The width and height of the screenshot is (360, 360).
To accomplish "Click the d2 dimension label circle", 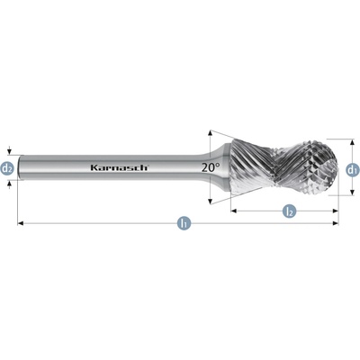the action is (7, 168).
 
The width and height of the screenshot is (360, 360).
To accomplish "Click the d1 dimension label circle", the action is (352, 170).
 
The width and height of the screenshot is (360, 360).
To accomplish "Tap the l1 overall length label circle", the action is (184, 223).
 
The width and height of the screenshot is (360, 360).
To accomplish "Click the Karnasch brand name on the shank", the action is (119, 167).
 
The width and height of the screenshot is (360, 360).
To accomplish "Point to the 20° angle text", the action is (211, 167).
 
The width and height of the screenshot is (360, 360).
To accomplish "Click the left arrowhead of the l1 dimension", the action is (21, 223).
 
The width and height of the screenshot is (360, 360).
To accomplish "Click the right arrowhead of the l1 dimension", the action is (336, 223).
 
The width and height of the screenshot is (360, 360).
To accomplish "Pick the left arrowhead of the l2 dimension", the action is (234, 211).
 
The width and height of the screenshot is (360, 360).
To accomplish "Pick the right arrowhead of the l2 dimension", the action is (336, 211).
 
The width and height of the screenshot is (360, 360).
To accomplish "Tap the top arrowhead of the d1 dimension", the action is (352, 142).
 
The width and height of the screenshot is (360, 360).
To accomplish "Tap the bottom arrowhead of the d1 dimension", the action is (352, 193).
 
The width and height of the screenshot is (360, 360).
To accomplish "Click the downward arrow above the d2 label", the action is (10, 151).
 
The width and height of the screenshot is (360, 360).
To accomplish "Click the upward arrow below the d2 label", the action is (10, 184).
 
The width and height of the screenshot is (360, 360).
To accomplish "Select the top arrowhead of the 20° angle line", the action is (211, 133).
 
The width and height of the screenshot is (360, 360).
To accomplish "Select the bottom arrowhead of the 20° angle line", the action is (211, 202).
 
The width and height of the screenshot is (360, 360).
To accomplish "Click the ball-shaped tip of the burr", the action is (319, 167).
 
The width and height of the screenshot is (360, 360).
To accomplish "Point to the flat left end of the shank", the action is (19, 167).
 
